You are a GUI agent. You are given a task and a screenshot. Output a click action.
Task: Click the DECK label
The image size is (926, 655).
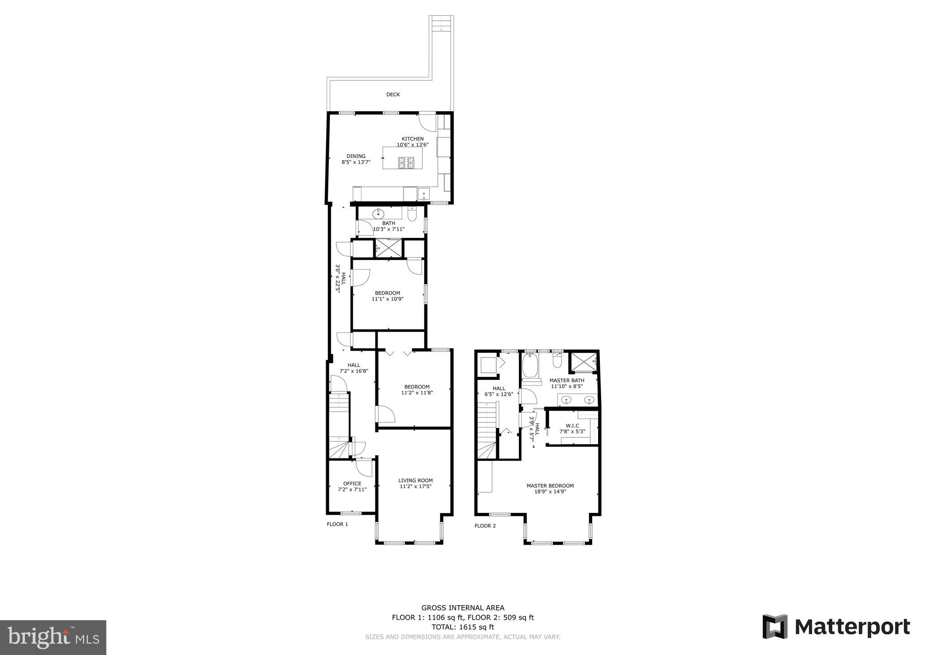(393, 95)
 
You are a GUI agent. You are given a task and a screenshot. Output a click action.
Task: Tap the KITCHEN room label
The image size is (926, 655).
(413, 139)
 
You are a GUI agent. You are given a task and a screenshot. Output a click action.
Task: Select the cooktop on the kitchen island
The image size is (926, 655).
(406, 162)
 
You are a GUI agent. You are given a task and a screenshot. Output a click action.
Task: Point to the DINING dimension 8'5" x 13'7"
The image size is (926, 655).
(356, 161)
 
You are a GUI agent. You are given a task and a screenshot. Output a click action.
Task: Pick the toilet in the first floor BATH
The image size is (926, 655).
(412, 214)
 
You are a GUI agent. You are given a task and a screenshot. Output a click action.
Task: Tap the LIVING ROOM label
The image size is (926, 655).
(415, 480)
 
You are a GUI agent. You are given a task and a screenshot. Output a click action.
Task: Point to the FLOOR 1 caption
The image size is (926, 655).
(337, 524)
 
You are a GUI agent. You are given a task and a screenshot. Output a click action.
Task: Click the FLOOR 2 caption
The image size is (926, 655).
(485, 526)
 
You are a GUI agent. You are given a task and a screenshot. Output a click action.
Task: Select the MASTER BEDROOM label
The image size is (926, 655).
(550, 486)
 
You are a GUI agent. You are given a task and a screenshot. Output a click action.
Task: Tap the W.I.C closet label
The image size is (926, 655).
(572, 426)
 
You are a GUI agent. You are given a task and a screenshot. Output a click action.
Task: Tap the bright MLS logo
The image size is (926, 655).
(53, 637)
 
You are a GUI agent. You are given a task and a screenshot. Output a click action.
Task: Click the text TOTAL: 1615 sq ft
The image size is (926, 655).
(462, 627)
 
